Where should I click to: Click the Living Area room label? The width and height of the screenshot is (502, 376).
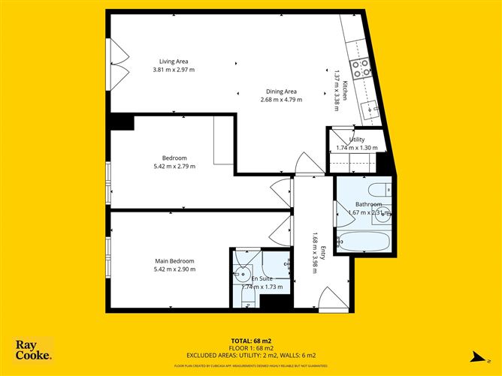coord(173,62)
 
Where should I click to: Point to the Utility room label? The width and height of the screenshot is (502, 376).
coord(357,140)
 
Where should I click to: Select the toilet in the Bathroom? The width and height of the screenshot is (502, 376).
coord(379,189)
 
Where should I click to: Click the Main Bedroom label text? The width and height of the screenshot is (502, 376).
coord(174,261)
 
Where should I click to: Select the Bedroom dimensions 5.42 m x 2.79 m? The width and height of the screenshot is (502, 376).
coord(174,166)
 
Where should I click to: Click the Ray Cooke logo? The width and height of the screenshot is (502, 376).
coord(34,350)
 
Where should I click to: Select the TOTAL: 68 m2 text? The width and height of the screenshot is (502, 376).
coord(251,340)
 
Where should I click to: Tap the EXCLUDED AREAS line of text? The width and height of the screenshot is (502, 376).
coord(251,355)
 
